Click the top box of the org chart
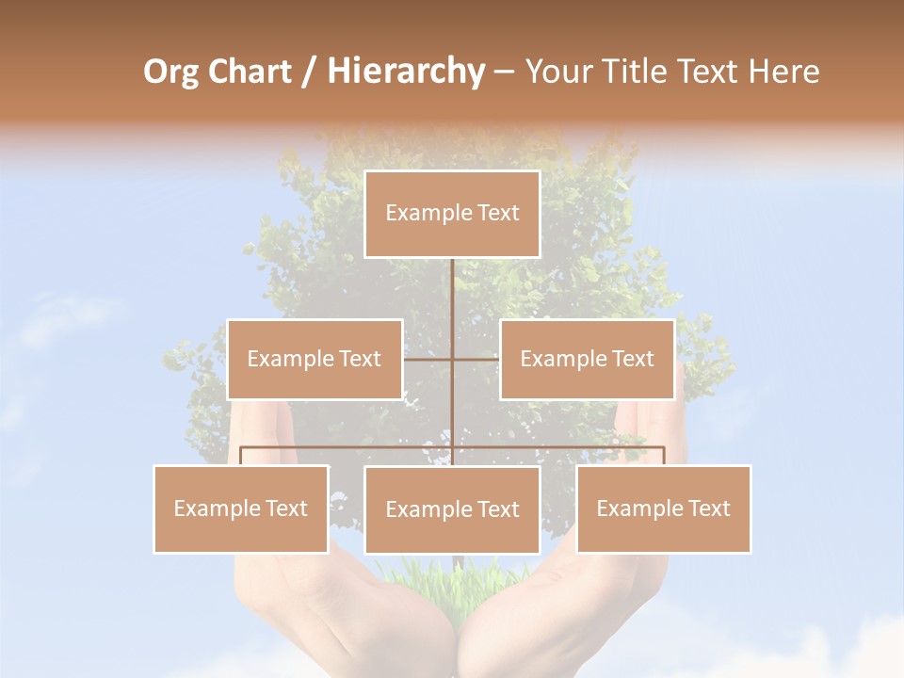(452, 214)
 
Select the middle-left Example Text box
(315, 359)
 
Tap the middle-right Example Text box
(587, 359)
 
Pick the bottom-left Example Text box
(241, 508)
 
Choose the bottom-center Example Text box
(452, 509)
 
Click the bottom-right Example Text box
(663, 508)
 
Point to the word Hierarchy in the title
(406, 72)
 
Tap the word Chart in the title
(248, 72)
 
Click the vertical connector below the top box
(453, 292)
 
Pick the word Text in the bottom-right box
(706, 508)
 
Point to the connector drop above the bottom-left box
(241, 456)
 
